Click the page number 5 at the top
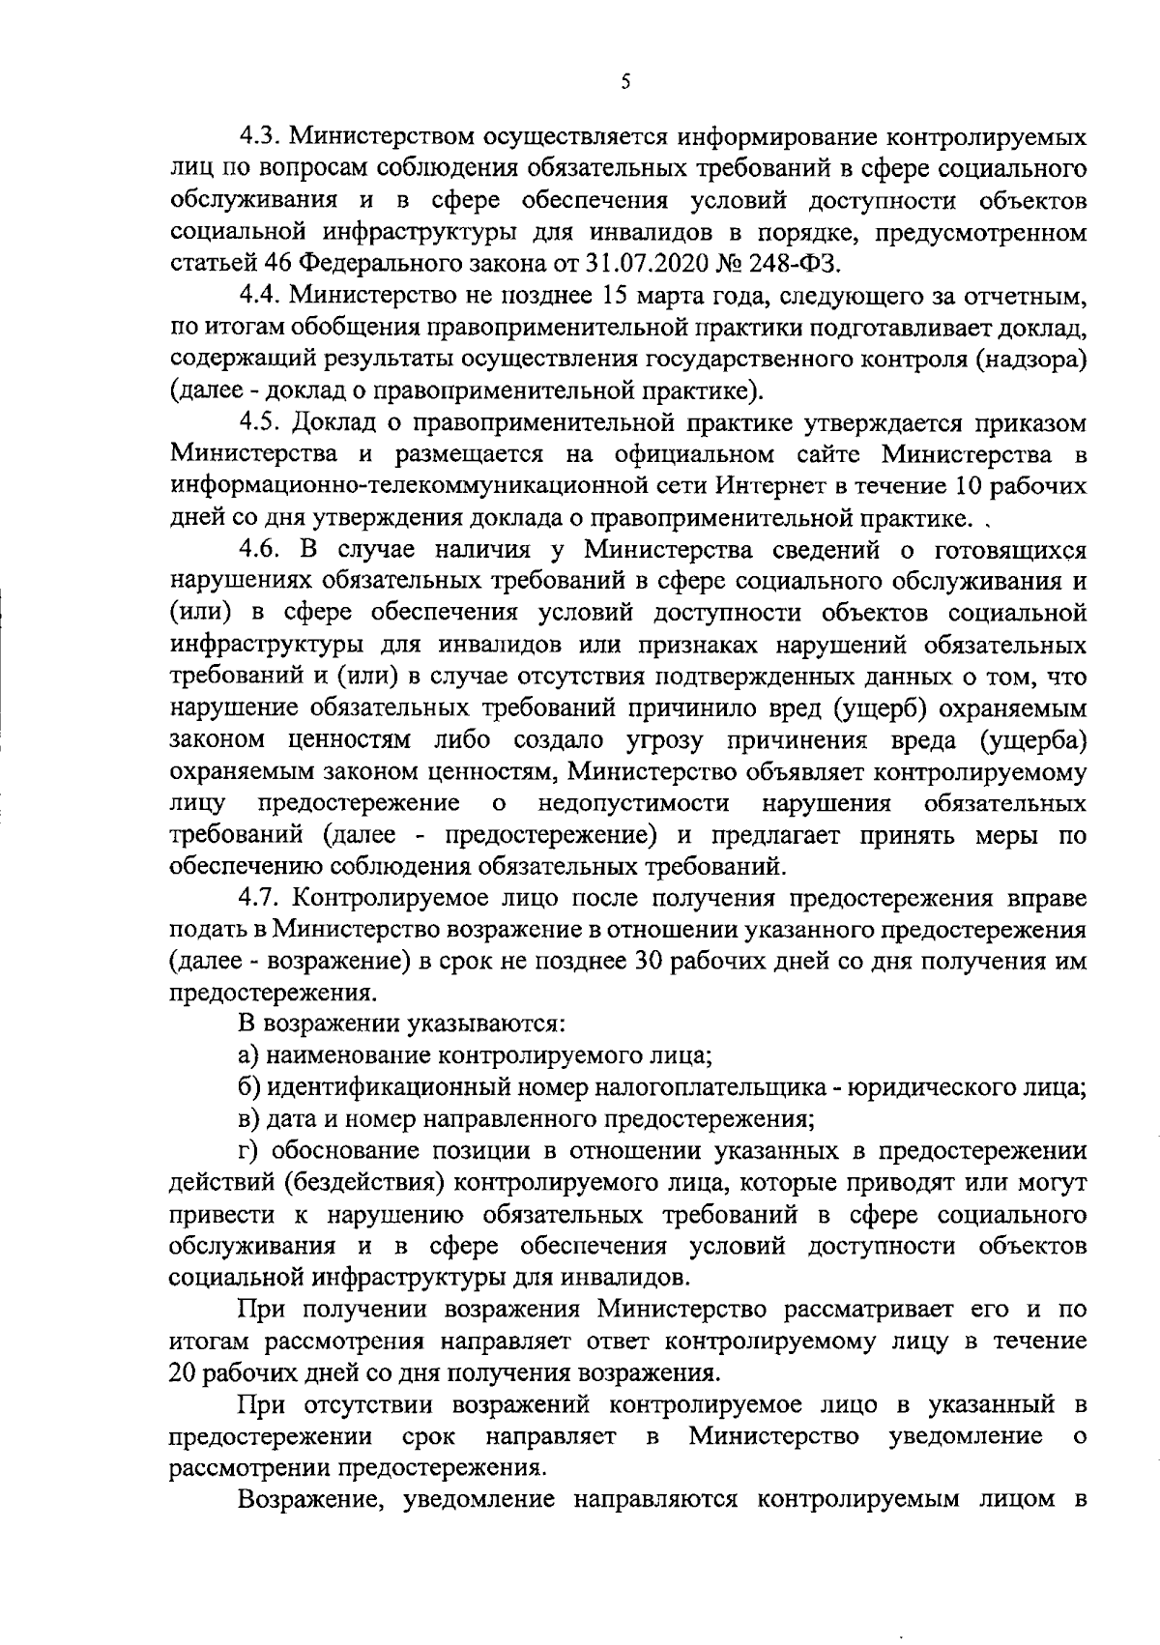[x=625, y=83]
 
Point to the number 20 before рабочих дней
[x=183, y=1373]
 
